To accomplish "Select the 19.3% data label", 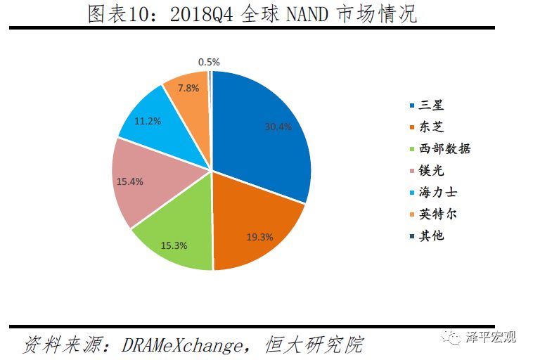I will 259,237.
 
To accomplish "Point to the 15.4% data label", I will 129,181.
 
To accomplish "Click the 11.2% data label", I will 148,121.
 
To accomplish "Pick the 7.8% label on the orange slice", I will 188,88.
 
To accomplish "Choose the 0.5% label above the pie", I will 209,62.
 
